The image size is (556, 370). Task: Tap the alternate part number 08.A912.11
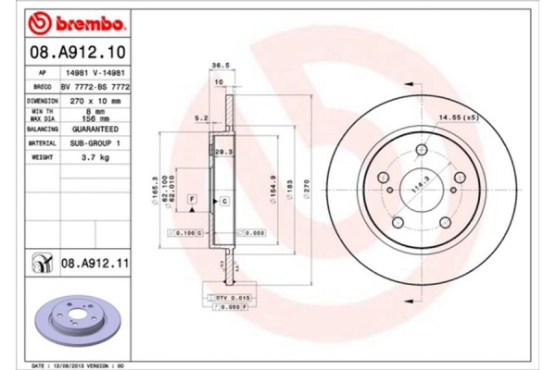pyautogui.click(x=92, y=264)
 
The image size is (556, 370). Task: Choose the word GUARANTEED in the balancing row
pyautogui.click(x=94, y=130)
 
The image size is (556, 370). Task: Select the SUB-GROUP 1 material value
pyautogui.click(x=94, y=143)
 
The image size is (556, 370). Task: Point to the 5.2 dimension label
pyautogui.click(x=200, y=117)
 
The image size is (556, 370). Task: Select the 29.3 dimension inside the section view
pyautogui.click(x=223, y=151)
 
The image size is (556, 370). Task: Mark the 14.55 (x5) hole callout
pyautogui.click(x=458, y=118)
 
